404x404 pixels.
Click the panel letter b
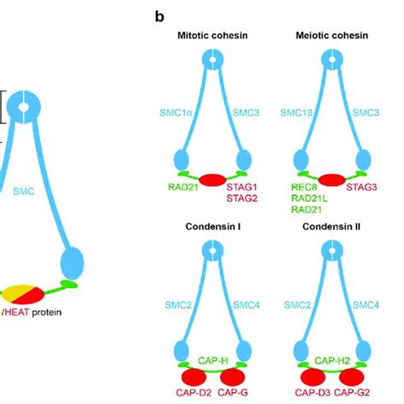159,16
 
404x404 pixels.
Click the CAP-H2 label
329,361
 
